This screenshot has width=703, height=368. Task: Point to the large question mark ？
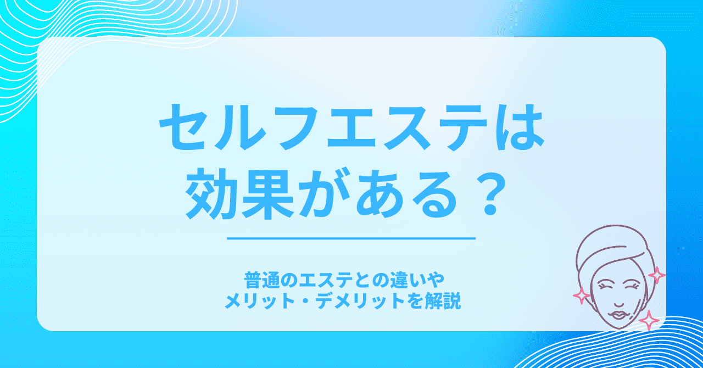pyautogui.click(x=489, y=193)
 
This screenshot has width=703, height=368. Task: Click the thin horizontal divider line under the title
pyautogui.click(x=351, y=238)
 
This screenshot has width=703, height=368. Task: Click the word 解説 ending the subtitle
pyautogui.click(x=445, y=301)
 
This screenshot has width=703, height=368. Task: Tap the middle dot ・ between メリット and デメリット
pyautogui.click(x=305, y=302)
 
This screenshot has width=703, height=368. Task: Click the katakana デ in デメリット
pyautogui.click(x=325, y=301)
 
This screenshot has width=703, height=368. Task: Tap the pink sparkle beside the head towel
pyautogui.click(x=656, y=276)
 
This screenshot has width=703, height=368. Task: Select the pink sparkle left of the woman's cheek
pyautogui.click(x=582, y=295)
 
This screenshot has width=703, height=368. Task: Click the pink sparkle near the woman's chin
pyautogui.click(x=649, y=320)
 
